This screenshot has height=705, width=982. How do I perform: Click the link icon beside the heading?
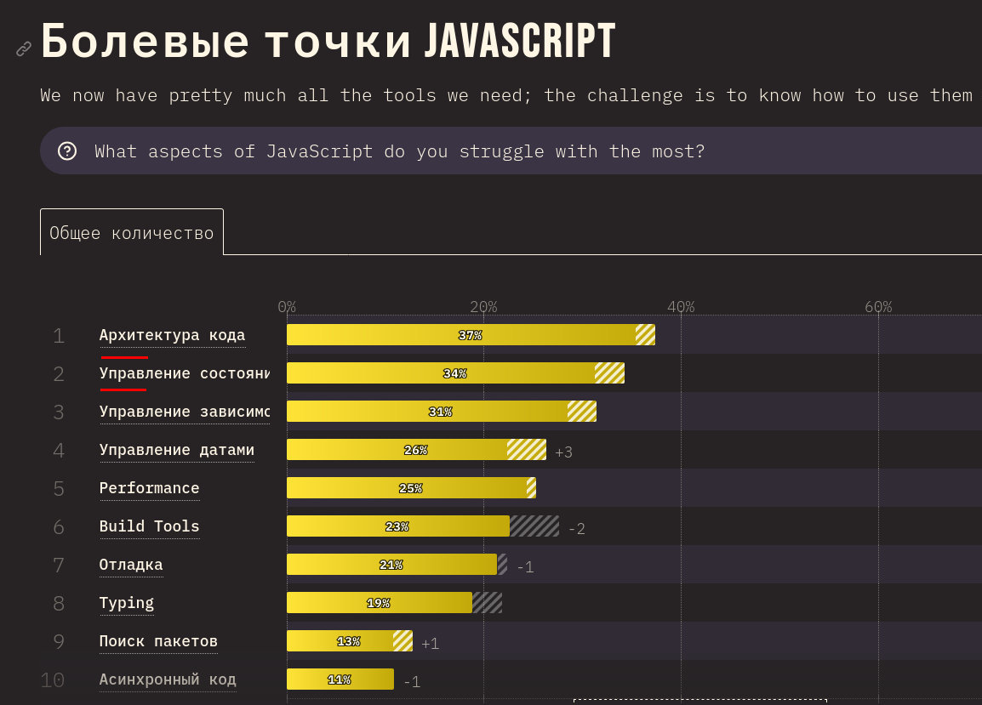click(x=24, y=48)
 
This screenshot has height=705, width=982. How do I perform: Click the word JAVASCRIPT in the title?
click(x=519, y=42)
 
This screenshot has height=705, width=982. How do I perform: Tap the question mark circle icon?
click(x=67, y=151)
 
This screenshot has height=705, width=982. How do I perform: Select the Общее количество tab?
click(x=132, y=232)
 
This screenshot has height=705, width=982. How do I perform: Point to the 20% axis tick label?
click(x=483, y=306)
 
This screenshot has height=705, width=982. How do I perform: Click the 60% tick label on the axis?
click(x=878, y=306)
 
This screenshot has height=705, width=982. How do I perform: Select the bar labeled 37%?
click(x=470, y=335)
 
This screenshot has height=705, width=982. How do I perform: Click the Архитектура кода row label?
click(x=172, y=335)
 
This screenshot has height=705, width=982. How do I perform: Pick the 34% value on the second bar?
click(x=454, y=373)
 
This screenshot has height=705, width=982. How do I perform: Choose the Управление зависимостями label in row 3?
click(x=184, y=412)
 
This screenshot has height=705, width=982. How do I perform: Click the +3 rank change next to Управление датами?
click(x=563, y=452)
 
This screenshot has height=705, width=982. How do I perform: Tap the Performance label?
click(x=149, y=488)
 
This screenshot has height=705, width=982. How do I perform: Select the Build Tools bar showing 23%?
click(x=397, y=526)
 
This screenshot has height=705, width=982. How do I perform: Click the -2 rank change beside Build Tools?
click(x=576, y=529)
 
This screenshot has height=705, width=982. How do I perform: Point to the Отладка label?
click(x=131, y=565)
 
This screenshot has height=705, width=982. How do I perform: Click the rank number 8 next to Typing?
click(x=59, y=603)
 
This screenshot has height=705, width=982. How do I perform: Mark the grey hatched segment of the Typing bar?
click(x=487, y=603)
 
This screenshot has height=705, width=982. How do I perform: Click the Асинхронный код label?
click(x=168, y=679)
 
